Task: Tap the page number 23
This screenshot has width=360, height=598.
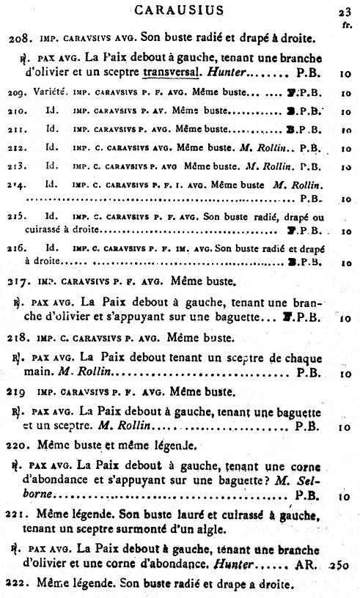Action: [345, 10]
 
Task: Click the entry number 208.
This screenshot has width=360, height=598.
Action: [17, 37]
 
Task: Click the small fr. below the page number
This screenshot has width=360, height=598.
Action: [347, 23]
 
